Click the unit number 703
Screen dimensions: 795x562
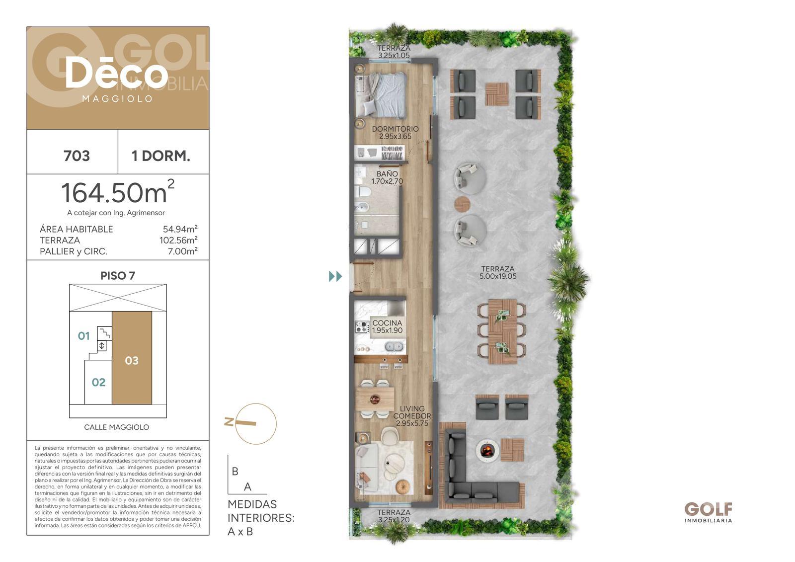(77, 156)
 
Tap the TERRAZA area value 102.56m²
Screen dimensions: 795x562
(178, 241)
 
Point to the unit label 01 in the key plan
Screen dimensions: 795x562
(84, 336)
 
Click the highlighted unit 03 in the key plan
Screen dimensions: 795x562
(132, 358)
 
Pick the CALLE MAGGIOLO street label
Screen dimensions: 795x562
(116, 427)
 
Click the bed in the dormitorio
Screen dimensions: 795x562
(381, 94)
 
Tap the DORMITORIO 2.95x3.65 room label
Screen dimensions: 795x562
(395, 133)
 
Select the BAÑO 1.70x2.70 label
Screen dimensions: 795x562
(387, 177)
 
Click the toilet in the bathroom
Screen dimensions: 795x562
(363, 192)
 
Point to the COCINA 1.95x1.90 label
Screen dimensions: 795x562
(387, 326)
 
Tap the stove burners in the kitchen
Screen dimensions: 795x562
(362, 327)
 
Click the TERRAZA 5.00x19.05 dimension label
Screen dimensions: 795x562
(498, 273)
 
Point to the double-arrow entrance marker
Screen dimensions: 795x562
(335, 276)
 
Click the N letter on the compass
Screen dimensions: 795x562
(229, 422)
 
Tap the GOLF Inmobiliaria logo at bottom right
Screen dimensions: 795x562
(708, 512)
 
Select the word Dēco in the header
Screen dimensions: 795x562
(116, 74)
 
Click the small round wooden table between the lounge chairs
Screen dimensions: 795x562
(462, 204)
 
